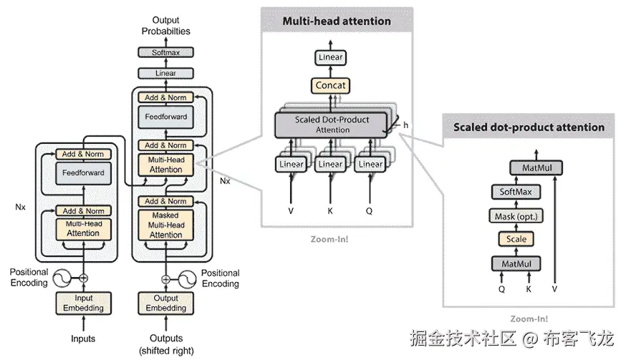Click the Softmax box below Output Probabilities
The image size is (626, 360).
click(x=166, y=52)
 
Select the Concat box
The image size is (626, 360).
click(x=330, y=85)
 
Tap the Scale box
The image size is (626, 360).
click(x=516, y=239)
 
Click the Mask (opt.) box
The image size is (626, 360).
click(x=516, y=216)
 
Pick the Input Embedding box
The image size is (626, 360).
click(x=84, y=303)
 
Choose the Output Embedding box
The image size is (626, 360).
click(x=166, y=303)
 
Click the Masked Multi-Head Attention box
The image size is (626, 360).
click(x=166, y=225)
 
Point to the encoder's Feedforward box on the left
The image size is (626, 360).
click(x=84, y=172)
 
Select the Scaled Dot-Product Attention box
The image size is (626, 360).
click(x=332, y=125)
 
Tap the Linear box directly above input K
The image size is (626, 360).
click(x=330, y=164)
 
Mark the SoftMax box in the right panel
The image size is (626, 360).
click(x=516, y=192)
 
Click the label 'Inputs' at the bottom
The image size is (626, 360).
click(x=83, y=339)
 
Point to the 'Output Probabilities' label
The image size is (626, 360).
click(x=166, y=25)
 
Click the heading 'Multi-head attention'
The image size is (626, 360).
click(x=337, y=21)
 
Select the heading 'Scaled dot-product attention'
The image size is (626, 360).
click(x=529, y=127)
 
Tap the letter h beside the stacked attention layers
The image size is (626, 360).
click(x=405, y=125)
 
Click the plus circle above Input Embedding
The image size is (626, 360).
click(x=84, y=278)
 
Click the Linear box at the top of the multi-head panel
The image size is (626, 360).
click(x=330, y=58)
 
